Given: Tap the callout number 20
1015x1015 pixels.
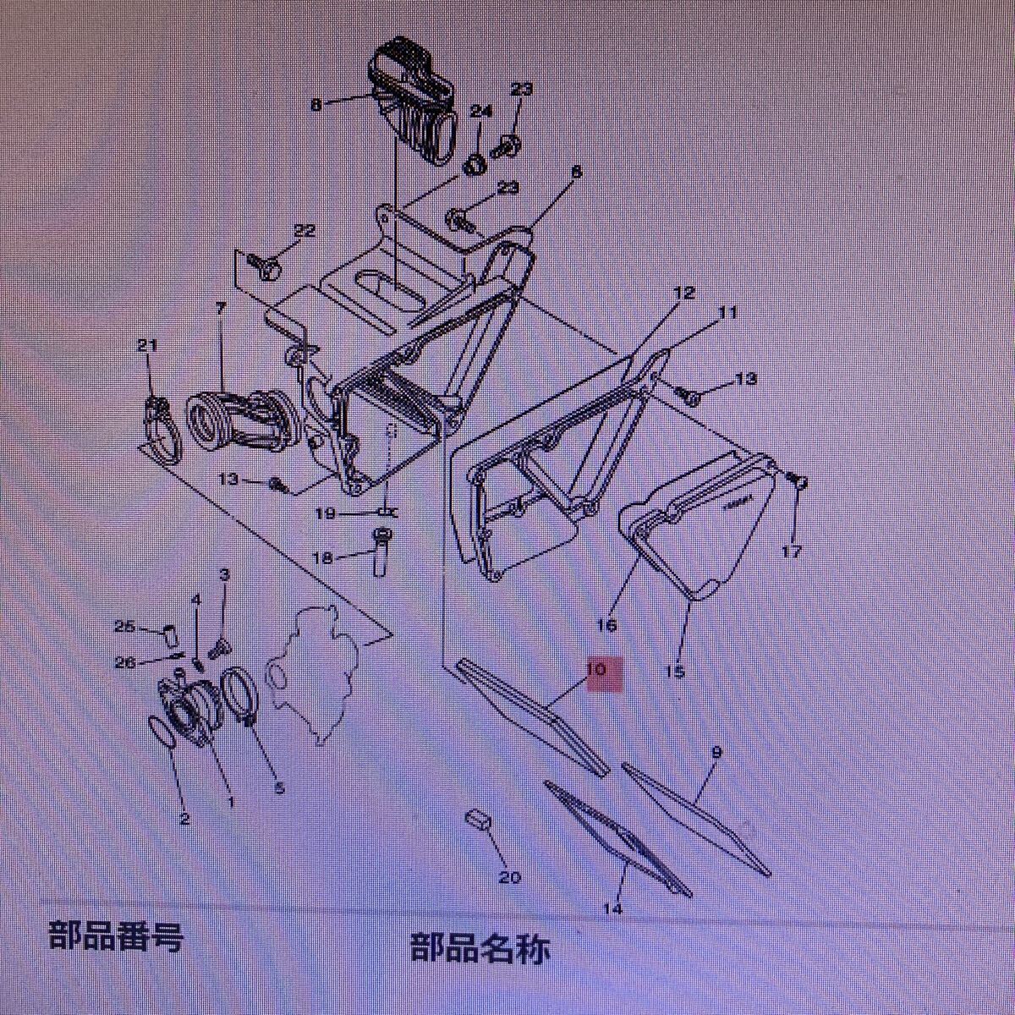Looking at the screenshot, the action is [x=509, y=877].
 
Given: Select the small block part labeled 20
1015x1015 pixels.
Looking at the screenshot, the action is [x=478, y=819].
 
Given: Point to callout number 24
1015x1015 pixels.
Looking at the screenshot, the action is [x=480, y=112].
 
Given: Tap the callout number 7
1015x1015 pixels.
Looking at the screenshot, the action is [x=221, y=309].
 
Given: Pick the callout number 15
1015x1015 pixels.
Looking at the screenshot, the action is [x=675, y=672].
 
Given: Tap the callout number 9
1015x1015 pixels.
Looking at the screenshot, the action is [x=717, y=751].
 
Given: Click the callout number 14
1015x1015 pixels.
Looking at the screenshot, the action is [x=612, y=909].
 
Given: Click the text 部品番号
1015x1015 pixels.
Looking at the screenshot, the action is [x=116, y=937].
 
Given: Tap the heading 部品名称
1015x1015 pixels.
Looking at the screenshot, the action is [x=480, y=947].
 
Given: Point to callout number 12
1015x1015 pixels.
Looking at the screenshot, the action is [x=683, y=293].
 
